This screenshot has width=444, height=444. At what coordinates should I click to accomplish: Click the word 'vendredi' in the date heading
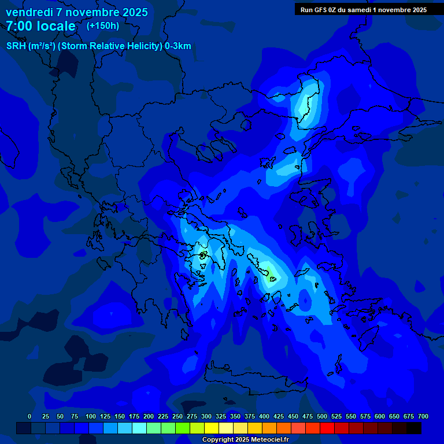pyautogui.click(x=29, y=12)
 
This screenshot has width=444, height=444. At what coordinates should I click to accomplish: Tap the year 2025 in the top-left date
pyautogui.click(x=132, y=12)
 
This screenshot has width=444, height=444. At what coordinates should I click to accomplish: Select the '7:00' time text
pyautogui.click(x=19, y=26)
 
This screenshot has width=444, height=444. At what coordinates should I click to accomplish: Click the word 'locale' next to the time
pyautogui.click(x=56, y=26)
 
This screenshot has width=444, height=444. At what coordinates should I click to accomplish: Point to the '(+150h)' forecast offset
pyautogui.click(x=102, y=25)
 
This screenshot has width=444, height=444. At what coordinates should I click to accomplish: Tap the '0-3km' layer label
pyautogui.click(x=178, y=46)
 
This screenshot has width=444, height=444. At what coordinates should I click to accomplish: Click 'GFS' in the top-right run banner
pyautogui.click(x=324, y=10)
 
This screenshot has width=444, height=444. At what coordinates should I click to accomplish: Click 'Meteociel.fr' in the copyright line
pyautogui.click(x=268, y=440)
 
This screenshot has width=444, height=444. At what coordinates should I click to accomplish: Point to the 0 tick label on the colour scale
pyautogui.click(x=29, y=416)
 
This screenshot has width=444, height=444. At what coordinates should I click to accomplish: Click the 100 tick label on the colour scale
pyautogui.click(x=91, y=416)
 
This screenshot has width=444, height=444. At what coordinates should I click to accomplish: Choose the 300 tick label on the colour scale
pyautogui.click(x=206, y=416)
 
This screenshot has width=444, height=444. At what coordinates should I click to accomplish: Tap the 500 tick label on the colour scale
pyautogui.click(x=322, y=416)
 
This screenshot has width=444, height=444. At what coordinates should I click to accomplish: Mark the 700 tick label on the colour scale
pyautogui.click(x=423, y=416)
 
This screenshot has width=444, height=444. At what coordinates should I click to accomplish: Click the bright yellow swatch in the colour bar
pyautogui.click(x=212, y=428)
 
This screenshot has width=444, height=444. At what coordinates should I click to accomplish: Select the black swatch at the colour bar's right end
pyautogui.click(x=414, y=428)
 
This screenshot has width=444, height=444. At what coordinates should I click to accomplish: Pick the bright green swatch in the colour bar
pyautogui.click(x=183, y=428)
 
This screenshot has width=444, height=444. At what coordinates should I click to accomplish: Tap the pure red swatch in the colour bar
pyautogui.click(x=327, y=428)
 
